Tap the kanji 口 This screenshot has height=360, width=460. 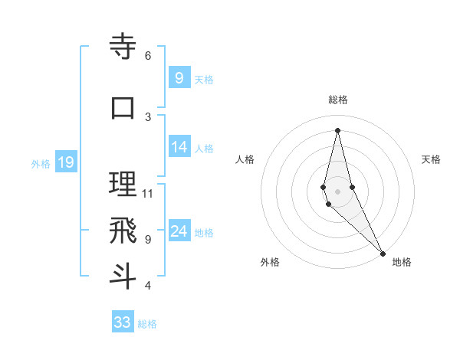point(123,108)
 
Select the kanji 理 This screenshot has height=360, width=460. point(123,185)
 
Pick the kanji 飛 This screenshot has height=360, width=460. point(123,231)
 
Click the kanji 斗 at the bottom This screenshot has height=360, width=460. point(123,277)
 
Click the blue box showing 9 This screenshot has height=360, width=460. point(179,78)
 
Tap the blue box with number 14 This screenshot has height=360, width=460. point(179,147)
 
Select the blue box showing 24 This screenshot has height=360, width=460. point(179,231)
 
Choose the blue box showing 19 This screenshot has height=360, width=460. point(65,162)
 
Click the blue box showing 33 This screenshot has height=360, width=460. point(123,322)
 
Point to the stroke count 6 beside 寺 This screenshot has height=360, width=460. point(147,55)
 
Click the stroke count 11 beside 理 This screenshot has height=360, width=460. point(148,193)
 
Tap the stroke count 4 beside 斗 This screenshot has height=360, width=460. point(147,285)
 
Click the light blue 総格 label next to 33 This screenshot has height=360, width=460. point(147,324)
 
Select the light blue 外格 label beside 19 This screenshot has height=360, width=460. point(40,163)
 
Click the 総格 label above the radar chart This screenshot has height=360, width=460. point(337,100)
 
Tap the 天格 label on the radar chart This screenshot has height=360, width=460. point(431,159)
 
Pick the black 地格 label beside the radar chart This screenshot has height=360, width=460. point(402,262)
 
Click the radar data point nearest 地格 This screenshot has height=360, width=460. point(383,252)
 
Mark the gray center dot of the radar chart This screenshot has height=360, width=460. point(337,181)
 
